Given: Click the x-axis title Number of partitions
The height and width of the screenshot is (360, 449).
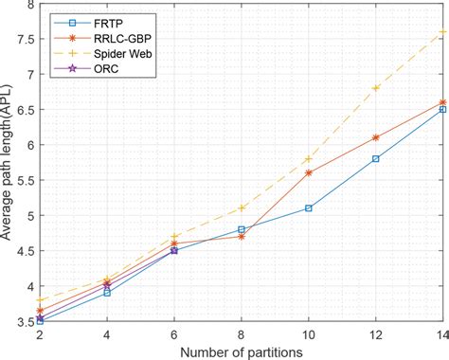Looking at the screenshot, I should [242, 351].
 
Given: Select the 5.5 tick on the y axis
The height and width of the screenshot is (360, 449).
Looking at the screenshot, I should [26, 181].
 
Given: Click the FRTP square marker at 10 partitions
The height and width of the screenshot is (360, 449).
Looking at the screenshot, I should [309, 208].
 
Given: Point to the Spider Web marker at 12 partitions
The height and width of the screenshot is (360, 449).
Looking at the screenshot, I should [376, 88].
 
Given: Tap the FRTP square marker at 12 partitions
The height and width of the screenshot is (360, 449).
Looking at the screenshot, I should [376, 159].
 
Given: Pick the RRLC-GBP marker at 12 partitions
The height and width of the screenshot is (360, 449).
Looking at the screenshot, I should [376, 137].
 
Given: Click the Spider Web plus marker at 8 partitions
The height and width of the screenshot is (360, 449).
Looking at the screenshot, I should [242, 208].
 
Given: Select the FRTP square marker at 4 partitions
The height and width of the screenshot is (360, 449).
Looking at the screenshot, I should [107, 293].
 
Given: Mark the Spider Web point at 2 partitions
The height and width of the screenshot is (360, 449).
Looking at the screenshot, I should [41, 299].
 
